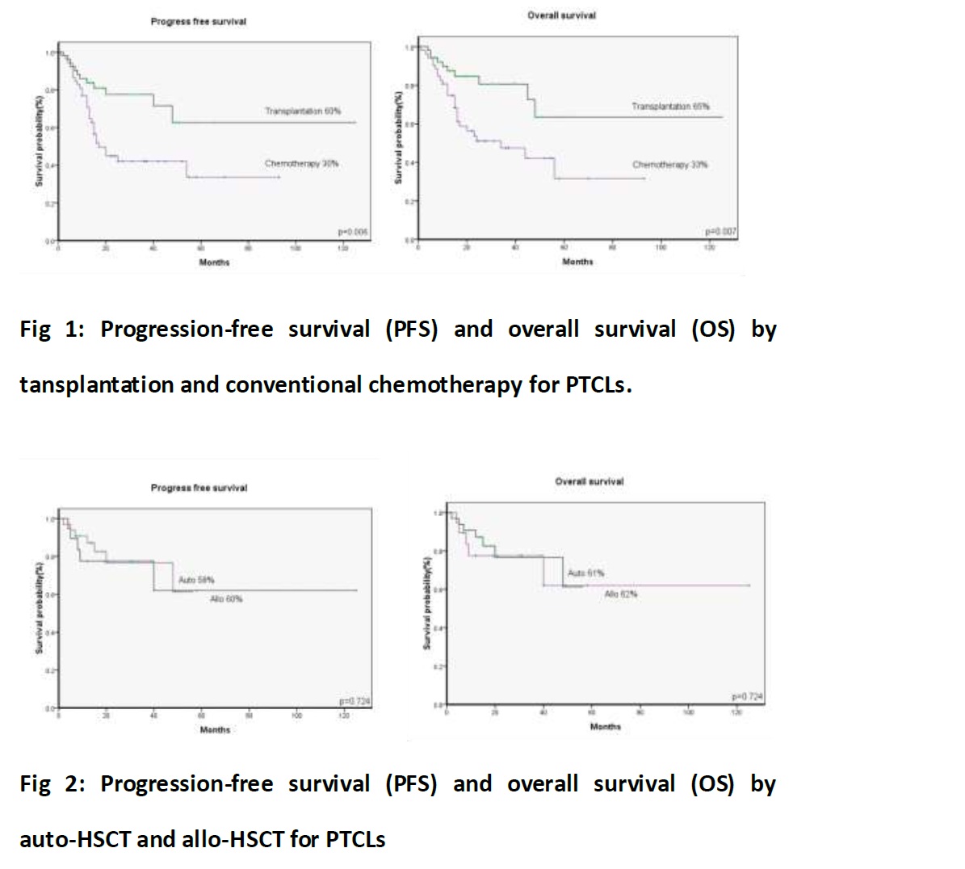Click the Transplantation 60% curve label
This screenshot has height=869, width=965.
pyautogui.click(x=303, y=111)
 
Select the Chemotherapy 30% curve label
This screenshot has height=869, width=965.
pyautogui.click(x=301, y=163)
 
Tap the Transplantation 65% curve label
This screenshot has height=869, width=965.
pyautogui.click(x=670, y=107)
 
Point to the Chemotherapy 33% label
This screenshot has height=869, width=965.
pyautogui.click(x=669, y=165)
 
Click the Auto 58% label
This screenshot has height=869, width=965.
pyautogui.click(x=196, y=580)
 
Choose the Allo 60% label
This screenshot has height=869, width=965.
pyautogui.click(x=226, y=598)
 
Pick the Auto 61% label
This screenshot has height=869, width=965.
pyautogui.click(x=585, y=573)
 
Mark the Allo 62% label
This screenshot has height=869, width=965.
pyautogui.click(x=621, y=594)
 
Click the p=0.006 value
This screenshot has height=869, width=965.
pyautogui.click(x=353, y=232)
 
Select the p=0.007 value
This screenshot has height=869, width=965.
pyautogui.click(x=721, y=232)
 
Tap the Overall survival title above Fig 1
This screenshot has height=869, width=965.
pyautogui.click(x=561, y=15)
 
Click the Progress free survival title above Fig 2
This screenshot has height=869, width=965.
pyautogui.click(x=199, y=488)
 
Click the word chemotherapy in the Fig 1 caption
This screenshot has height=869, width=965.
pyautogui.click(x=445, y=385)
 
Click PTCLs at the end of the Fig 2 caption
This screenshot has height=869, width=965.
pyautogui.click(x=355, y=840)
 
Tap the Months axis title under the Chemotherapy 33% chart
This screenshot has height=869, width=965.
pyautogui.click(x=577, y=262)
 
